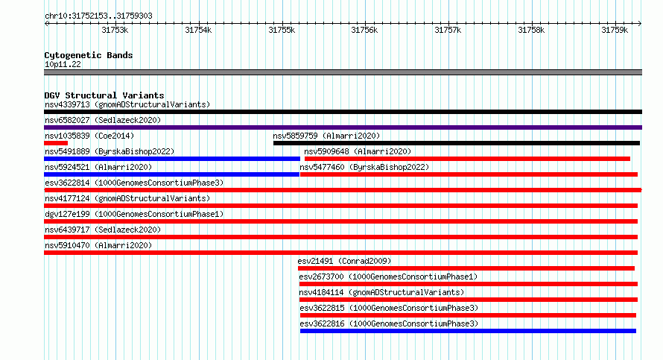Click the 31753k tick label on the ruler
(115, 30)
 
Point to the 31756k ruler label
(364, 30)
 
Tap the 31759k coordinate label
(615, 30)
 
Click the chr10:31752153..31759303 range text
(98, 16)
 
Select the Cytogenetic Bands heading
(89, 55)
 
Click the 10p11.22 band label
(63, 64)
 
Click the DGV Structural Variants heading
(104, 95)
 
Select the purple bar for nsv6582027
(343, 127)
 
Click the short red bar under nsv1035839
(56, 143)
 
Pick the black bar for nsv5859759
(456, 143)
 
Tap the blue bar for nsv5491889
(172, 159)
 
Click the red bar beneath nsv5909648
(467, 159)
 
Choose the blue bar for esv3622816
(468, 331)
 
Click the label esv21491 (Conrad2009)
(344, 261)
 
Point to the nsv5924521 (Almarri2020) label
(98, 167)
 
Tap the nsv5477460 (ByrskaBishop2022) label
(364, 167)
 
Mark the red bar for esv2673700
(469, 284)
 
